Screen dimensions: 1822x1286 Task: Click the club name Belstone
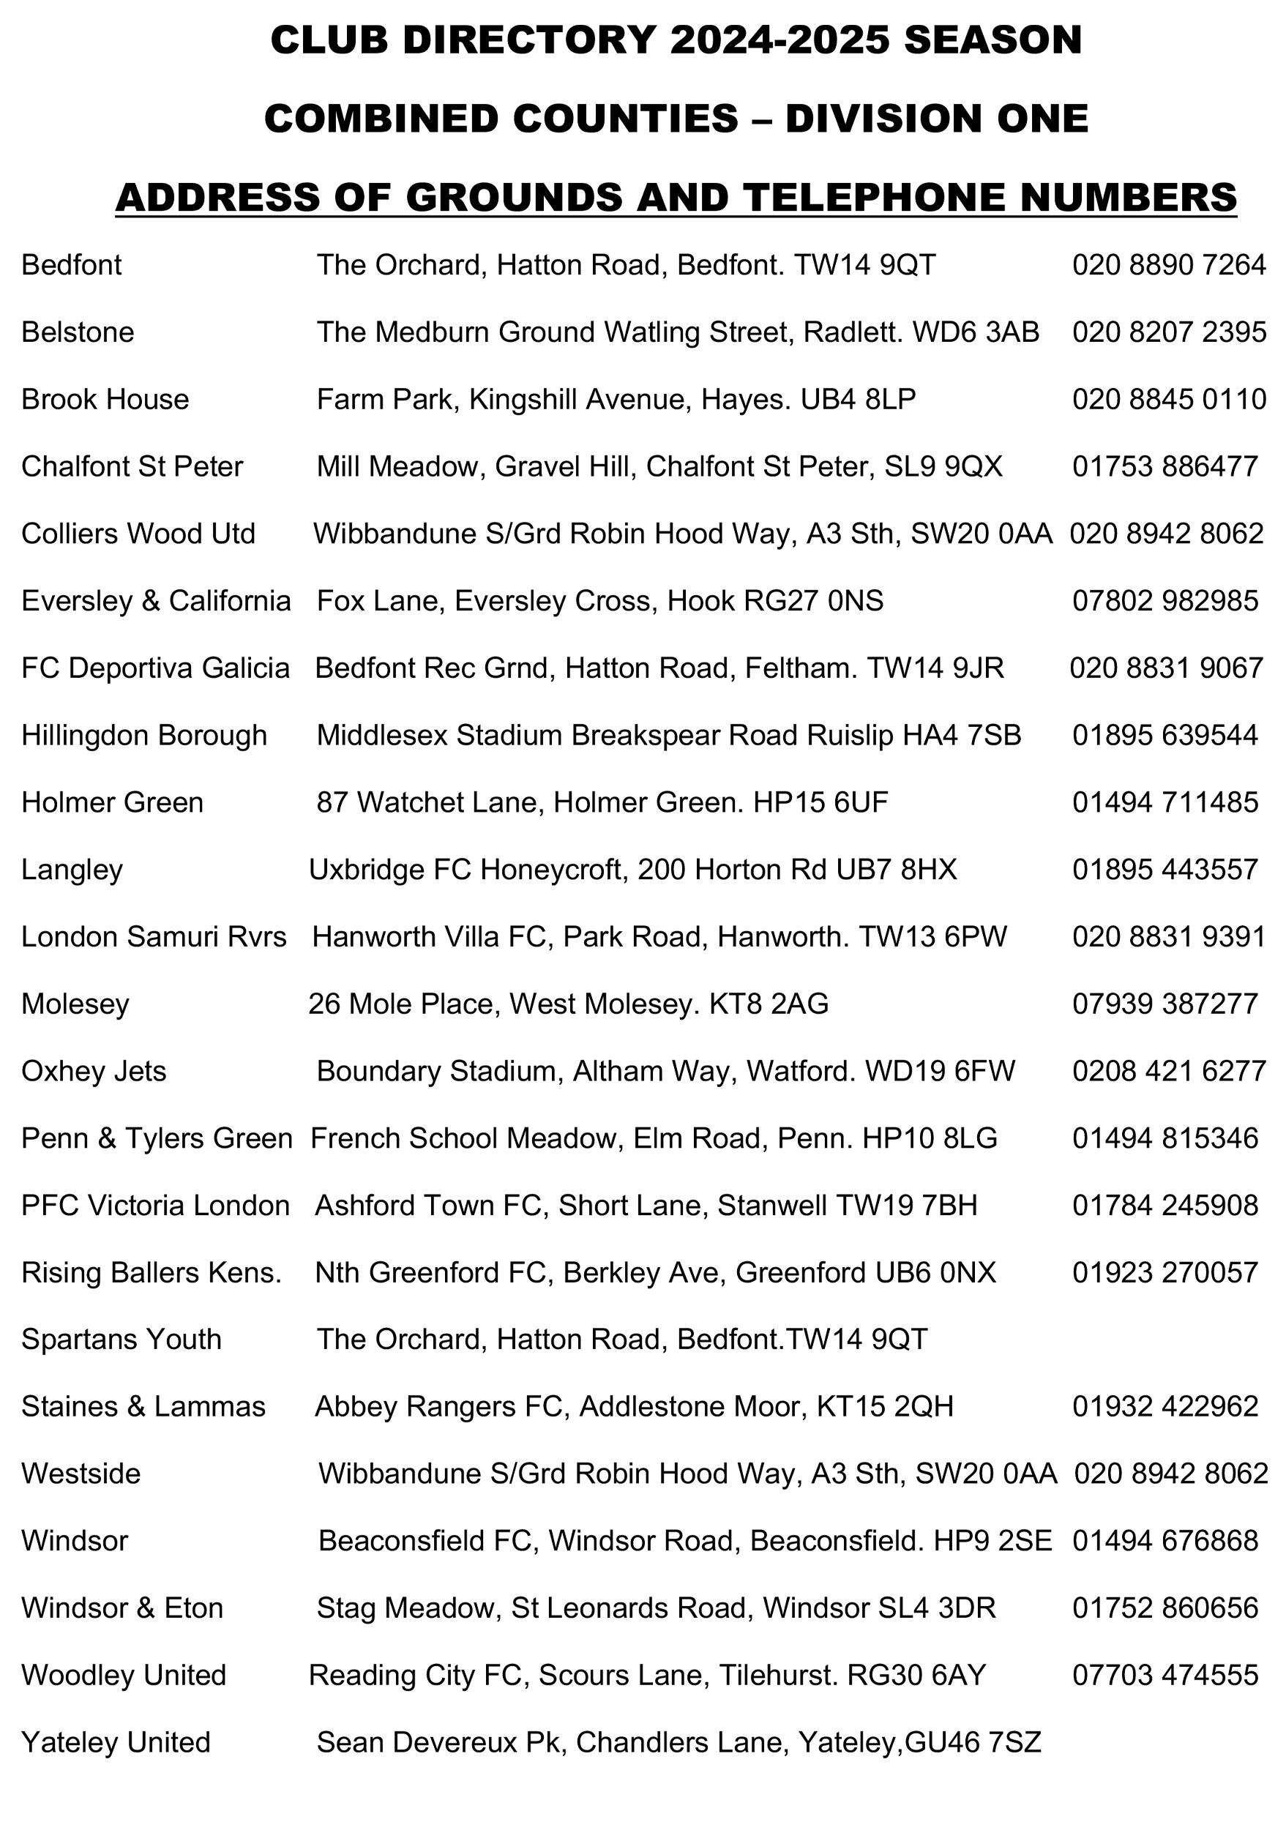tap(78, 332)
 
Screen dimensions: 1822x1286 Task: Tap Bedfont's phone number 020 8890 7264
tap(1169, 265)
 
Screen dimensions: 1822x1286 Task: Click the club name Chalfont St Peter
tap(132, 466)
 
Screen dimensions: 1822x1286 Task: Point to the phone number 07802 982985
tap(1164, 601)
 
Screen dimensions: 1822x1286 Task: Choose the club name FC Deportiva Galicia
tap(155, 668)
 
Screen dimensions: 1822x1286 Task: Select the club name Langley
tap(72, 870)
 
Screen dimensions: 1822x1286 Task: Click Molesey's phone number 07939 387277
tap(1164, 1004)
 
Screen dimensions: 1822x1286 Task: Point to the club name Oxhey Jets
tap(94, 1071)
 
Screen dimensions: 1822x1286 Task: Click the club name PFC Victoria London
tap(155, 1206)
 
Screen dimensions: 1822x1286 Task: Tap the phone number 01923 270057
tap(1164, 1272)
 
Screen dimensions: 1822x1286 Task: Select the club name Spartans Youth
tap(122, 1340)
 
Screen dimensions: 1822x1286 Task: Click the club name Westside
tap(81, 1474)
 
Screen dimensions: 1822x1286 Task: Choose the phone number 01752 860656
tap(1164, 1608)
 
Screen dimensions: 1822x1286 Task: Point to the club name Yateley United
tap(116, 1742)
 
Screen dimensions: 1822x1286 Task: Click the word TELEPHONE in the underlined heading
tap(876, 197)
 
